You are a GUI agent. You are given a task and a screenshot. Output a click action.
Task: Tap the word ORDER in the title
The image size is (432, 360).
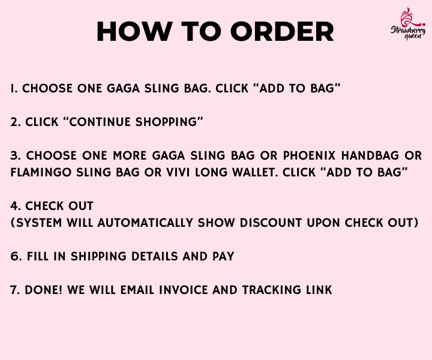tap(282, 31)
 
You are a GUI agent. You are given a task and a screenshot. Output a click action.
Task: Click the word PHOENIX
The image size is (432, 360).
tap(309, 155)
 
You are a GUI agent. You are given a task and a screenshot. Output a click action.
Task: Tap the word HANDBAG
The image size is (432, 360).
tap(370, 155)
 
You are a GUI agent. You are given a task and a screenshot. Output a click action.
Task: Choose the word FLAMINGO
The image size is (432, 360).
tap(41, 172)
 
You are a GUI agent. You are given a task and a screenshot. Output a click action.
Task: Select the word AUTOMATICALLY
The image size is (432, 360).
tap(145, 223)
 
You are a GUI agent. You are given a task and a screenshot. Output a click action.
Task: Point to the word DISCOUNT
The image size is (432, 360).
tap(271, 223)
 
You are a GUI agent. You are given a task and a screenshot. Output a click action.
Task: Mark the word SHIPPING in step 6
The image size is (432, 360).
tap(98, 256)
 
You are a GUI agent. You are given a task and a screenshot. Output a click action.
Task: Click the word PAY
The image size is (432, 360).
tap(223, 256)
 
